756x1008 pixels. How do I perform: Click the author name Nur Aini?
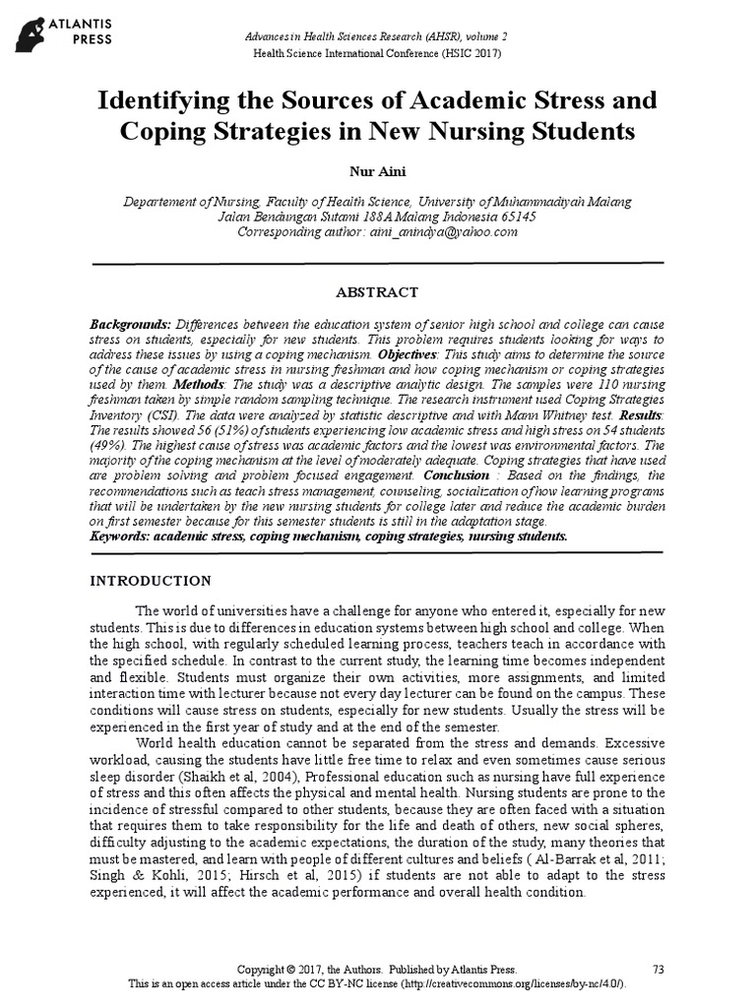[x=377, y=172]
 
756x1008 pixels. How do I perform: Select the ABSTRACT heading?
[x=377, y=292]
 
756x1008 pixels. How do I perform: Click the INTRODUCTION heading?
[x=150, y=581]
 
